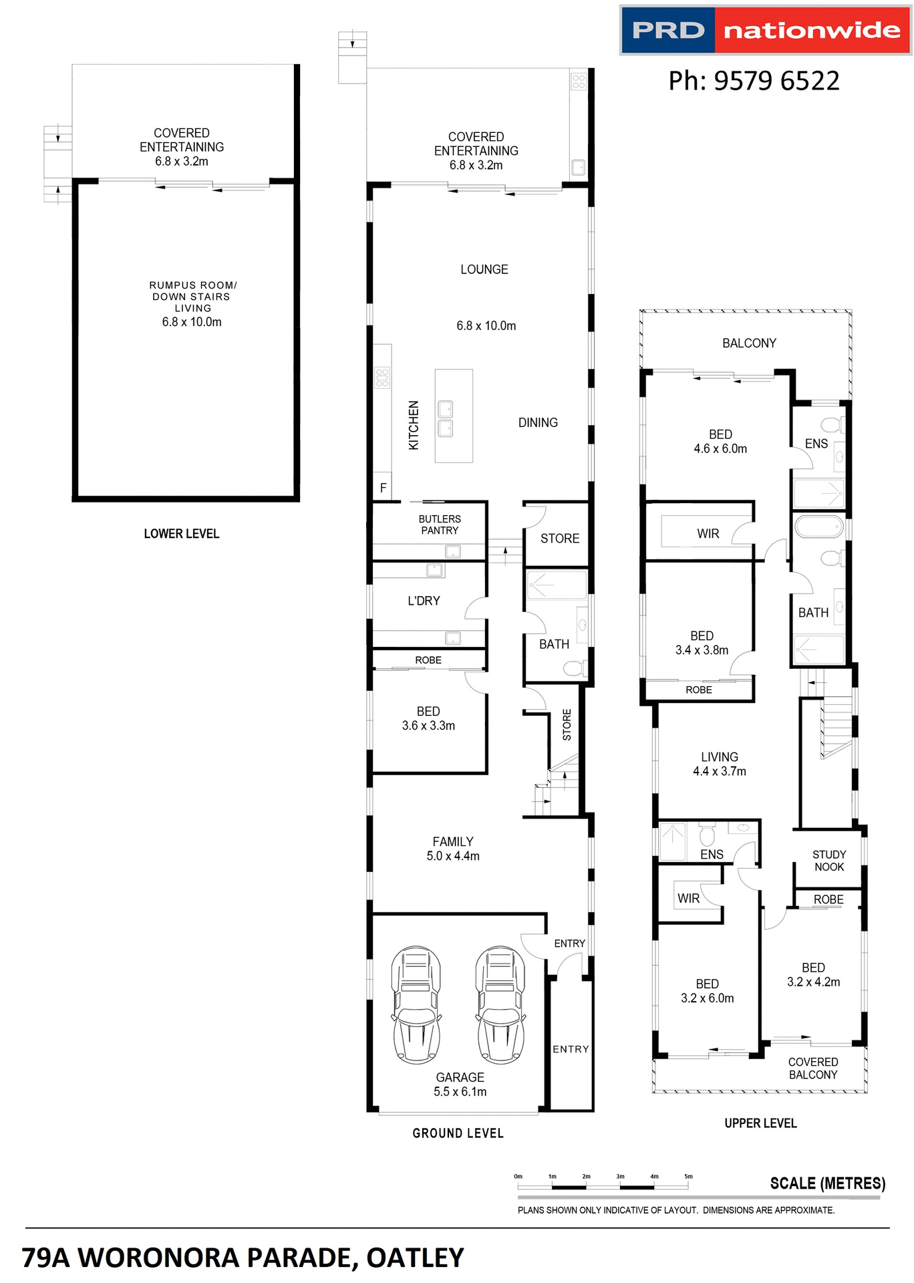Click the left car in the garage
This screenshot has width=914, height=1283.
pos(416,1004)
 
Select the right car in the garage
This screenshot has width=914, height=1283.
pos(500,1004)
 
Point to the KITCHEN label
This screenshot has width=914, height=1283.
pos(414,425)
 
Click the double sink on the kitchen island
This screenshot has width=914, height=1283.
pos(445,419)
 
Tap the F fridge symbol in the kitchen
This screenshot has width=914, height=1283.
pos(383,488)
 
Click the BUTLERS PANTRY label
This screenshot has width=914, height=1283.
pos(440,525)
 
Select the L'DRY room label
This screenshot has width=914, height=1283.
pos(424,601)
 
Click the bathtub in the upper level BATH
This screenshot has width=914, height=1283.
pos(818,527)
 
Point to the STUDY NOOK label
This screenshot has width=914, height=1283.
pos(829,861)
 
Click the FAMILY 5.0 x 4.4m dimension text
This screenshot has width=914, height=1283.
pos(453,856)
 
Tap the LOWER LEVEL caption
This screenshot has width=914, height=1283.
pos(181,533)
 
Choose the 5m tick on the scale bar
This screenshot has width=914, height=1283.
pos(688,1177)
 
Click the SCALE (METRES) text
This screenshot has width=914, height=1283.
pos(827,1183)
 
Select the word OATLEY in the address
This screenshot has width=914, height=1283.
pos(415,1258)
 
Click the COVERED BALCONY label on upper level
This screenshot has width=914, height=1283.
pos(812,1068)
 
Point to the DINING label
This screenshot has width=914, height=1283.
pos(538,422)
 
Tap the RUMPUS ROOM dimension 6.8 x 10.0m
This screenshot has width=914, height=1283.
pos(192,322)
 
